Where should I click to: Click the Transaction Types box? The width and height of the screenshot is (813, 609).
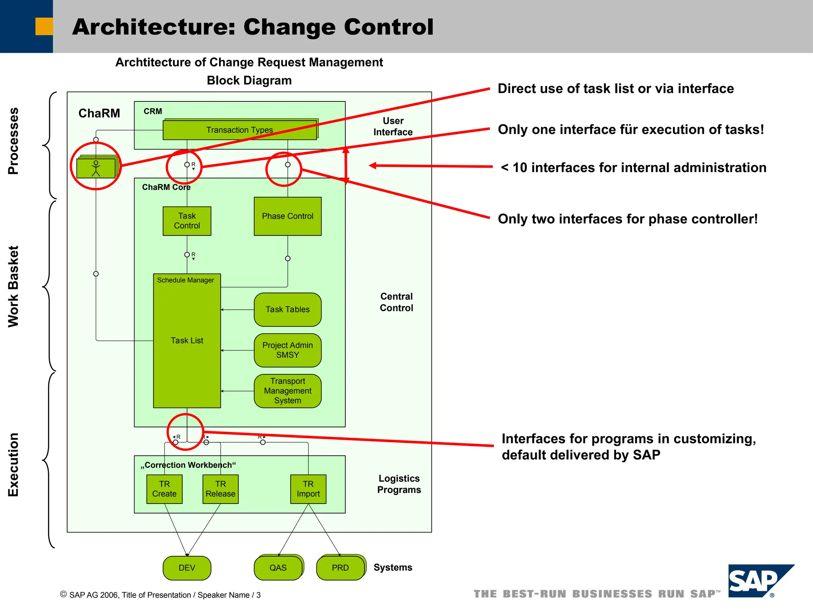coord(239,130)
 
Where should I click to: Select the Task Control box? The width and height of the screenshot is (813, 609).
coord(187,221)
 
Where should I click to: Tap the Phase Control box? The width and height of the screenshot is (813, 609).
coord(287,216)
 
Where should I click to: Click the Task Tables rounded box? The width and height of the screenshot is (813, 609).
coord(287,309)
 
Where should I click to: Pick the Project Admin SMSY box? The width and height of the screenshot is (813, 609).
coord(287,350)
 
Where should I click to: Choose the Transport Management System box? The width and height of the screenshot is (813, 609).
coord(287,391)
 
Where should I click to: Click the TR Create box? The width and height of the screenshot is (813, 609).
coord(164,489)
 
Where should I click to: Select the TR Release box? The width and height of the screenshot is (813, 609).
coord(220,489)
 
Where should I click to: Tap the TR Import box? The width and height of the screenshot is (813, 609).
coord(308,489)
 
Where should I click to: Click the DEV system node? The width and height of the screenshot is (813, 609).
coord(187,568)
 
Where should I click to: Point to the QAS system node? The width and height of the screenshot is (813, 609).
coord(278,568)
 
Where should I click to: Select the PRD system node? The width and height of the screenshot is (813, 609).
coord(340,568)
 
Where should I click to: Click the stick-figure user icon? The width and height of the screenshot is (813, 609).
coord(96,168)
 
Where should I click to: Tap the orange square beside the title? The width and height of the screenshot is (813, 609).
coord(44,26)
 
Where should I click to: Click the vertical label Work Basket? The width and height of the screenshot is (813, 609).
coord(13,286)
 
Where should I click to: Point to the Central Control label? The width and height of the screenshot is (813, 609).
coord(396,302)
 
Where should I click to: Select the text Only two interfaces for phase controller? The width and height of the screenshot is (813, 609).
coord(627,219)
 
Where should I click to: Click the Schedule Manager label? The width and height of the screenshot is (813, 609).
coord(185,280)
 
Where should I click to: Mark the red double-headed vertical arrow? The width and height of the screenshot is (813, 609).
coord(346,165)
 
